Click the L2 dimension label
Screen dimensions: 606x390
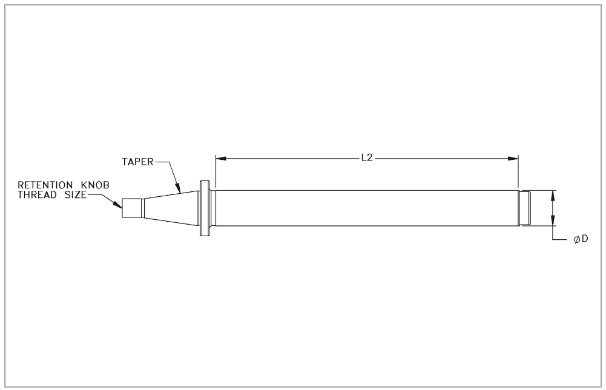pyautogui.click(x=367, y=157)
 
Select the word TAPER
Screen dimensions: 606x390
pyautogui.click(x=138, y=162)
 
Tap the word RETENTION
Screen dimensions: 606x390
pyautogui.click(x=45, y=185)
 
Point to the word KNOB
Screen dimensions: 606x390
pyautogui.click(x=95, y=185)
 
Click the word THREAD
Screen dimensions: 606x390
pyautogui.click(x=37, y=195)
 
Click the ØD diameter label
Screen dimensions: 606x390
pyautogui.click(x=581, y=239)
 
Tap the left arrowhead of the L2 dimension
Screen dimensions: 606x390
pyautogui.click(x=221, y=159)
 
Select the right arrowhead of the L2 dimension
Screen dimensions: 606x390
pyautogui.click(x=513, y=159)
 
